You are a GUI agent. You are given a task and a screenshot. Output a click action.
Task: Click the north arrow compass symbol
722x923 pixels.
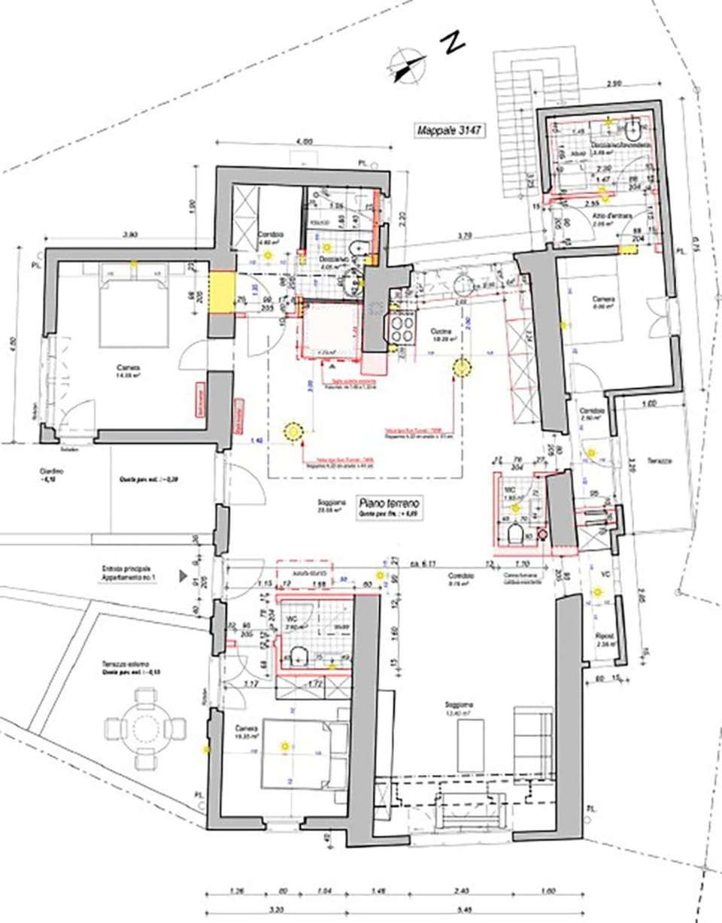tap(405, 64)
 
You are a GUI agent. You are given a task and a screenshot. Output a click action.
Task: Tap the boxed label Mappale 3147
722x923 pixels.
tap(449, 130)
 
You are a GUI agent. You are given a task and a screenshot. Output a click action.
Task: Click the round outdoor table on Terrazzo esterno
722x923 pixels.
tap(144, 727)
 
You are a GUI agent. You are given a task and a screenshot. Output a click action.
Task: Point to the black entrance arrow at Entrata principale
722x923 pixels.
tap(183, 576)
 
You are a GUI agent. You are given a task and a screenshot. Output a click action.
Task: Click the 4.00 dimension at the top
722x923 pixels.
tap(304, 141)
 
